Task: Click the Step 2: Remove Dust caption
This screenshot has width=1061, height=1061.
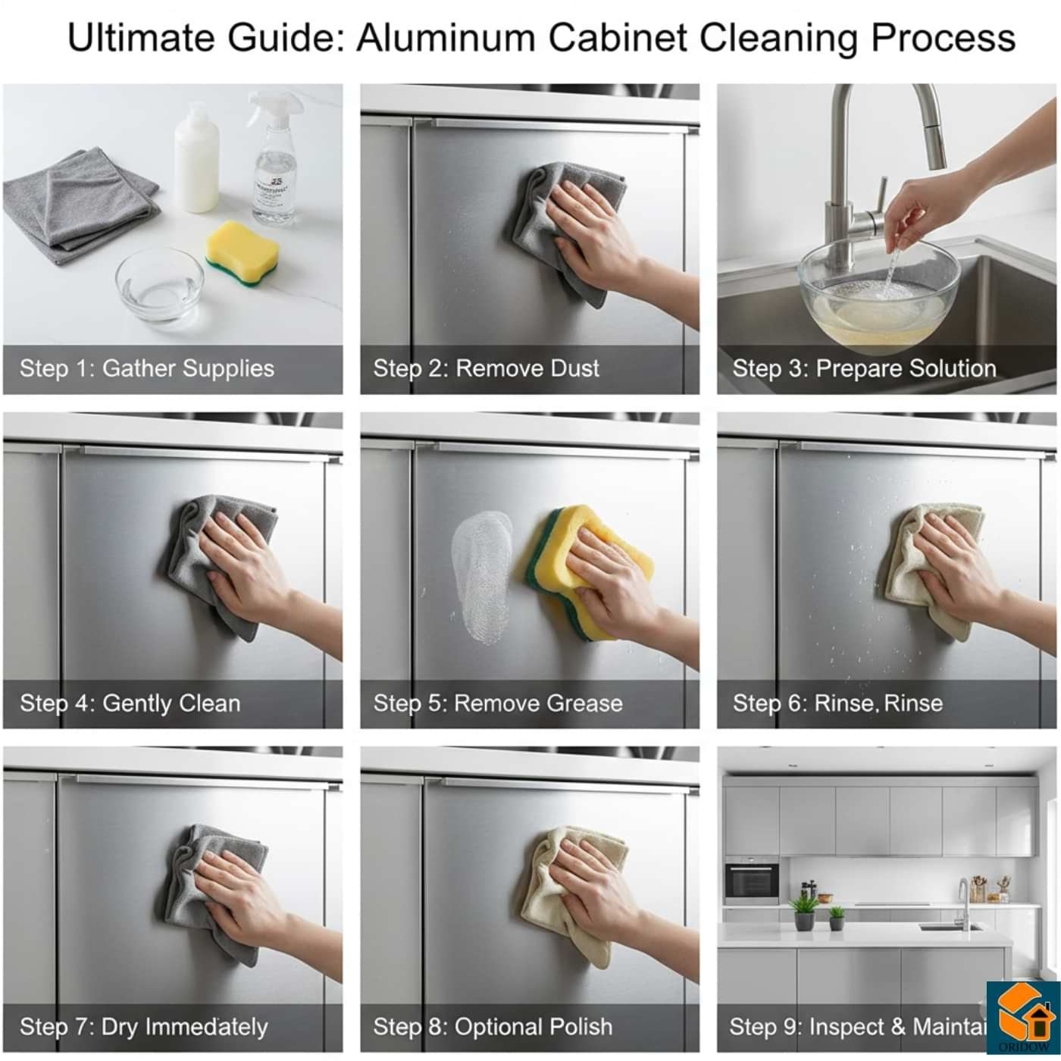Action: coord(486,368)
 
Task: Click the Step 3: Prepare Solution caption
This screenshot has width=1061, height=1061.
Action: coord(864,368)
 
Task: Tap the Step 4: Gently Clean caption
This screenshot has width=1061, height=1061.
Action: coord(130,703)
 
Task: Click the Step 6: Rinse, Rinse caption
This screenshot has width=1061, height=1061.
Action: coord(837,703)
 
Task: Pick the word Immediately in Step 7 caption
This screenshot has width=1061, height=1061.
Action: coord(206,1027)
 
